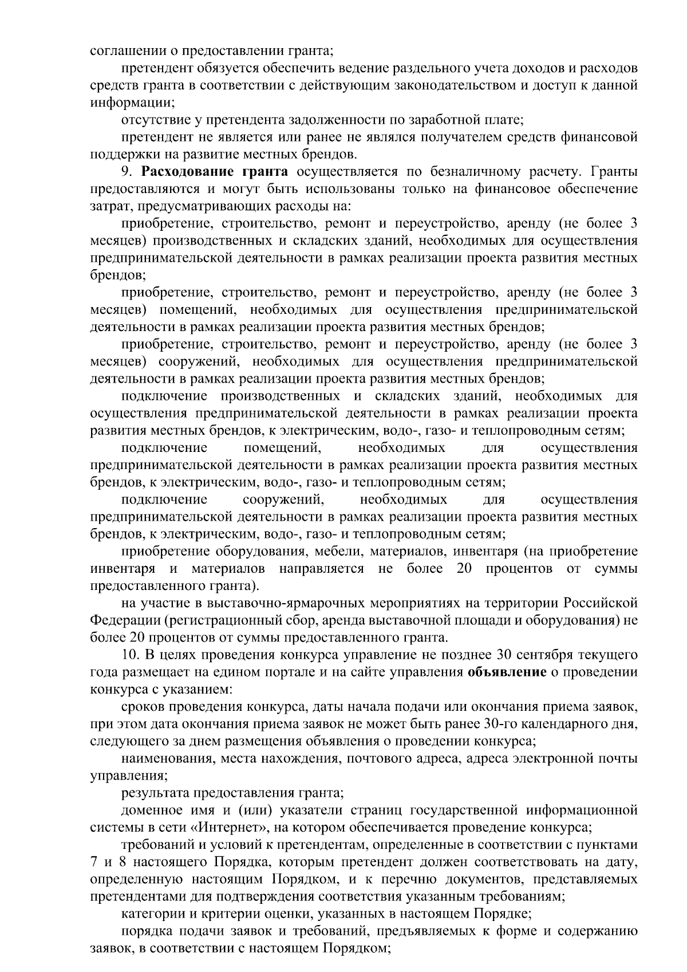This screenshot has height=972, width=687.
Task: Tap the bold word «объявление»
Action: click(507, 672)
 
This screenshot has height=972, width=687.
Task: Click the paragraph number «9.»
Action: click(129, 172)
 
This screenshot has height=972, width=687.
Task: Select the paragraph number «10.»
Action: click(132, 655)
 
